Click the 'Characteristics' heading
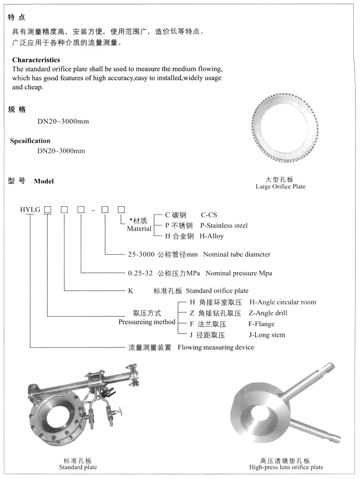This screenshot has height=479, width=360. pos(41,60)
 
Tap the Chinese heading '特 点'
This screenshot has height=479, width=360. pos(17,17)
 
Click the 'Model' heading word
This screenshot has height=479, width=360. pos(44,181)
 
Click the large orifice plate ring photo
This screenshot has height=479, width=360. pos(286,127)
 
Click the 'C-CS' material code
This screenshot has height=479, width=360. pos(209,214)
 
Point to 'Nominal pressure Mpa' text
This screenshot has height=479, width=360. pos(239,273)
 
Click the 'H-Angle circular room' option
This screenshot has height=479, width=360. pos(282,302)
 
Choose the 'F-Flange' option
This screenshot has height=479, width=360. pos(261,324)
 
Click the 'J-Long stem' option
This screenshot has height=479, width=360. pos(267,335)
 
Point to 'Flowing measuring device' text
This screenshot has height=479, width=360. pos(216,347)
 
